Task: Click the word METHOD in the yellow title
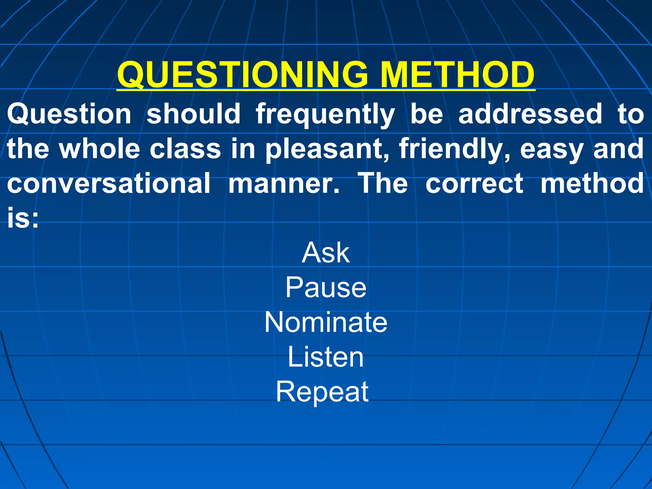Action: pos(457,75)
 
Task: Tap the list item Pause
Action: pos(326,287)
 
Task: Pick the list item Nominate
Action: pos(326,322)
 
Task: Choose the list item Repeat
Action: pos(322,392)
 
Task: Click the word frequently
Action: pos(325,115)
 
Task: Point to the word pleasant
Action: pos(327,150)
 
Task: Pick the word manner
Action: pos(284,184)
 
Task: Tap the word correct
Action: pos(474,184)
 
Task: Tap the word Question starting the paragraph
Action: pos(69,115)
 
